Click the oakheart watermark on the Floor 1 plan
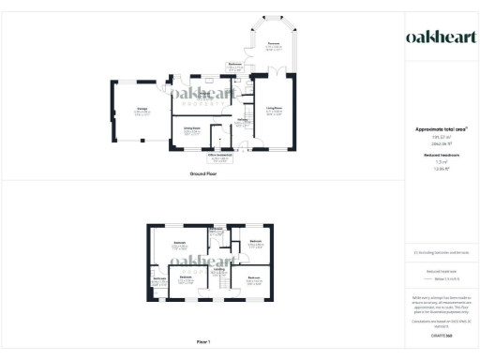pos(202,262)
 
